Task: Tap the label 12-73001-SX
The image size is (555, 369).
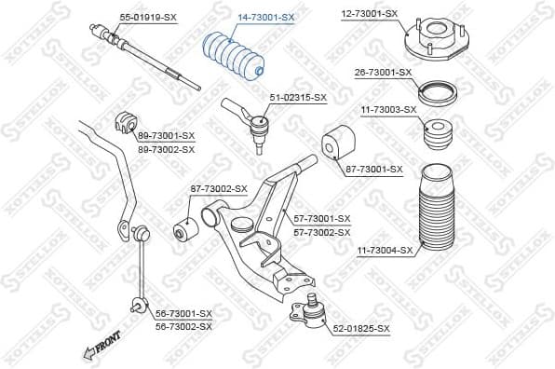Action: point(369,14)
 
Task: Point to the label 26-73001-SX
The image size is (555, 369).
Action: point(383,72)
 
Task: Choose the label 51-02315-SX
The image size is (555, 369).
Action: point(298,97)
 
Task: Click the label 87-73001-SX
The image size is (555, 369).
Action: point(373,169)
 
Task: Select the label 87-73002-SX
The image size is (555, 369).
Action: point(219,188)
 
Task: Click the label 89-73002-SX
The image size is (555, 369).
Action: point(166,149)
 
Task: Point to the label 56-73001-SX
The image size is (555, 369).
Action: point(183,314)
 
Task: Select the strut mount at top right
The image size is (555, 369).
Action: point(433,42)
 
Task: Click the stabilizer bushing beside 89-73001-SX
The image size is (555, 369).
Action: point(124,121)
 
